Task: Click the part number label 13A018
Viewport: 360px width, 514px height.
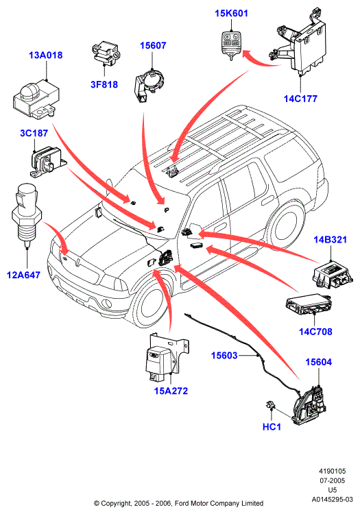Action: click(x=45, y=55)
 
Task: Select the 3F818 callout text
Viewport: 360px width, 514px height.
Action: click(x=104, y=84)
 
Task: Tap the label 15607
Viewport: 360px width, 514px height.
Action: click(x=153, y=45)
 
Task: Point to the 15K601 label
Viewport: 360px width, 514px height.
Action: click(x=232, y=14)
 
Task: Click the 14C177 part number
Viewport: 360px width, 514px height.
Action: click(x=300, y=99)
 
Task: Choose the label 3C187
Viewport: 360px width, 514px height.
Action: click(x=34, y=133)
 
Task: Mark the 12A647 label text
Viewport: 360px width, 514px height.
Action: click(x=23, y=275)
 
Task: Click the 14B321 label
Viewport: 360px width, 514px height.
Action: click(x=330, y=240)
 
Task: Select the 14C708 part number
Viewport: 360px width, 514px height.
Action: click(x=315, y=332)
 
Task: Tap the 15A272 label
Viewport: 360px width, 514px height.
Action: click(x=171, y=391)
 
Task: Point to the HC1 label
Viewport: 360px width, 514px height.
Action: click(x=272, y=427)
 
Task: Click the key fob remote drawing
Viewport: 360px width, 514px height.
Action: click(x=230, y=45)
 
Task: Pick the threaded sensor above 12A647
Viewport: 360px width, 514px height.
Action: click(x=25, y=216)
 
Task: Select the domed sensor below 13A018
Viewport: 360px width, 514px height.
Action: click(x=36, y=98)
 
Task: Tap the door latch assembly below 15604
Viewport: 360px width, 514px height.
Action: click(x=309, y=404)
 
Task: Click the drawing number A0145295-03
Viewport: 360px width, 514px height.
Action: click(x=332, y=500)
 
